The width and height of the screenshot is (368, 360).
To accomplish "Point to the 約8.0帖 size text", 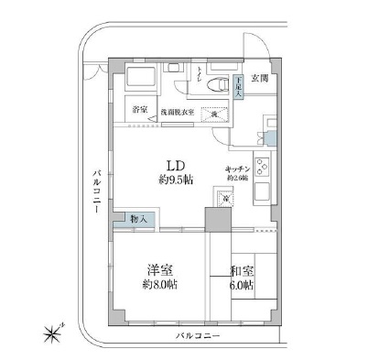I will tap(160, 284).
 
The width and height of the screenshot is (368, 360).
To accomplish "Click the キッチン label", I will tap(240, 169).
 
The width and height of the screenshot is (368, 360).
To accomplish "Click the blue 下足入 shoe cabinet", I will tap(237, 87).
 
